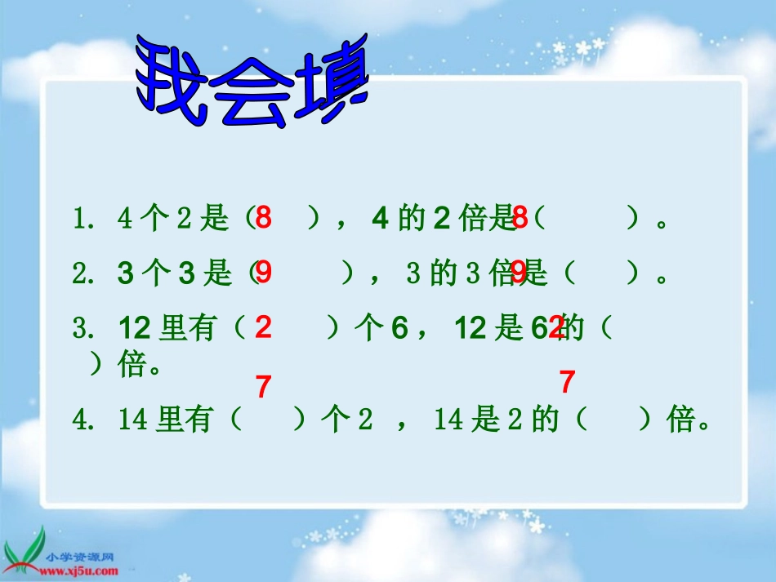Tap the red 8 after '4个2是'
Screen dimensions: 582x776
[263, 218]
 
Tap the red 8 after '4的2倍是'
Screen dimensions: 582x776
[520, 218]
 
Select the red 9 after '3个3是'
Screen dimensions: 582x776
[263, 273]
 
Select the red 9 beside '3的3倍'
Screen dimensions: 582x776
[520, 273]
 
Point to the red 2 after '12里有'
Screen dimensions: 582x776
[263, 327]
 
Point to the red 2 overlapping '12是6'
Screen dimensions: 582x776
[556, 328]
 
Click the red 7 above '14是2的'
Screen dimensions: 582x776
[568, 381]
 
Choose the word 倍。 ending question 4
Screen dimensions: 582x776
[691, 421]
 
